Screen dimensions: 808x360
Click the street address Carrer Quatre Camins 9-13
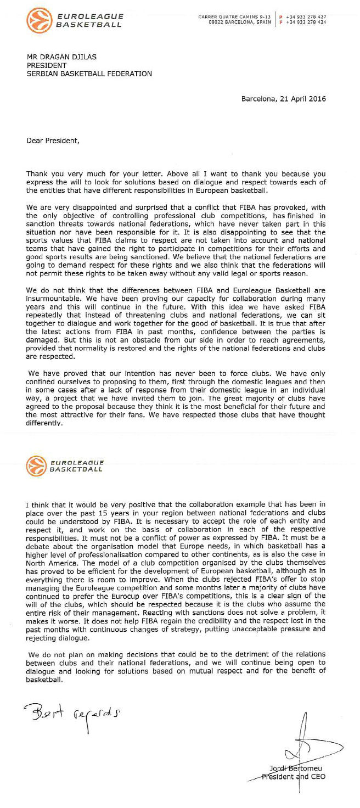[235, 17]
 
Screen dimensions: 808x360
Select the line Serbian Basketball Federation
[89, 74]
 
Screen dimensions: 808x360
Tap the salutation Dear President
[53, 140]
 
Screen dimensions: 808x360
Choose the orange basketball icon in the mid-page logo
[36, 466]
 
